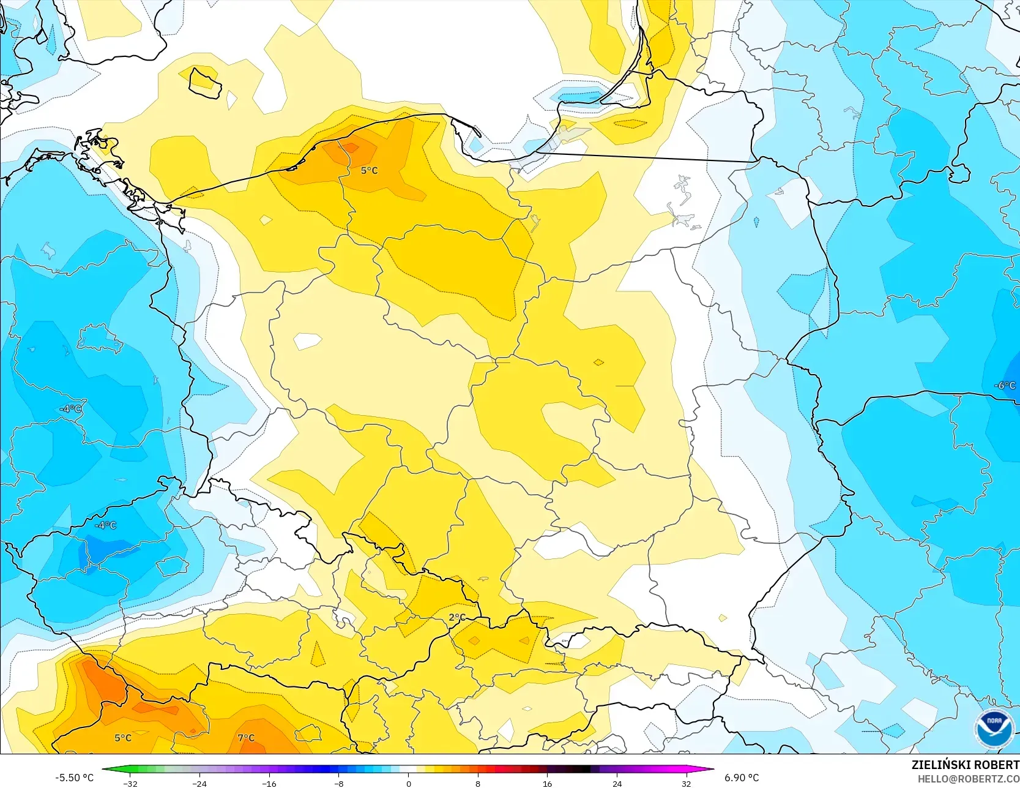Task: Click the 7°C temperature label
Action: (x=246, y=738)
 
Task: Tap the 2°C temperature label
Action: (x=457, y=617)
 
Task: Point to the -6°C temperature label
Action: (x=1005, y=385)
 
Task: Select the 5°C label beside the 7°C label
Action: (x=123, y=738)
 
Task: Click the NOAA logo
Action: (x=994, y=729)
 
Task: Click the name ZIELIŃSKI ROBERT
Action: (x=965, y=765)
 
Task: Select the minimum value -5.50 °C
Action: (x=75, y=778)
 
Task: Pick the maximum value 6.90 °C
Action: (x=742, y=778)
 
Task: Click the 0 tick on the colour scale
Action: (x=409, y=784)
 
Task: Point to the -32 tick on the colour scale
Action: (x=130, y=784)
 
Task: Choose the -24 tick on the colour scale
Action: (x=199, y=784)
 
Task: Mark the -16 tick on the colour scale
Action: (x=269, y=784)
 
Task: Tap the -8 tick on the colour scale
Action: (x=339, y=784)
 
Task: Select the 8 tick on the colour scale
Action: (x=478, y=784)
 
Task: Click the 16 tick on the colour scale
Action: (x=548, y=784)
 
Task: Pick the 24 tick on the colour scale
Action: (x=617, y=784)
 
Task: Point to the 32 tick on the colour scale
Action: (x=687, y=784)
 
